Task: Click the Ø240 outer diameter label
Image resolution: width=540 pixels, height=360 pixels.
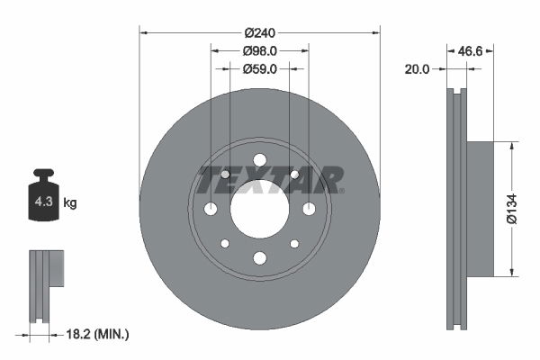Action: tap(259, 32)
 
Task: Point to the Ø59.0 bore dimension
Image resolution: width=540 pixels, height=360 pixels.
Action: tap(259, 68)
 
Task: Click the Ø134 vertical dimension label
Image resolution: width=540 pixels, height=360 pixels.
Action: tap(511, 207)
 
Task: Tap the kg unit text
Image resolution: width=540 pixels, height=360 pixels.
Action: tap(69, 202)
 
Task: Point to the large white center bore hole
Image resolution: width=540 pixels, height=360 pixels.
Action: tap(259, 209)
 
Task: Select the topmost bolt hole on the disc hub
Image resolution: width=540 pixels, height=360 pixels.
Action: tap(259, 160)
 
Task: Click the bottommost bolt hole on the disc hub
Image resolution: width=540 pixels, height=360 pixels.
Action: tap(259, 258)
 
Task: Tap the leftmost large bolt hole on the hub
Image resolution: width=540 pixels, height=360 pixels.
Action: tap(211, 209)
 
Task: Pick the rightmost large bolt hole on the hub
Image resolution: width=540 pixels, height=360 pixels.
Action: tap(309, 209)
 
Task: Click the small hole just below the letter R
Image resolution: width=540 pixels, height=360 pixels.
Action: tap(294, 174)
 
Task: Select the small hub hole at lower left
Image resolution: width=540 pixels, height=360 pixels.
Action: tap(225, 244)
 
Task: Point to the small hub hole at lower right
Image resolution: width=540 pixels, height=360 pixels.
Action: tap(294, 244)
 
